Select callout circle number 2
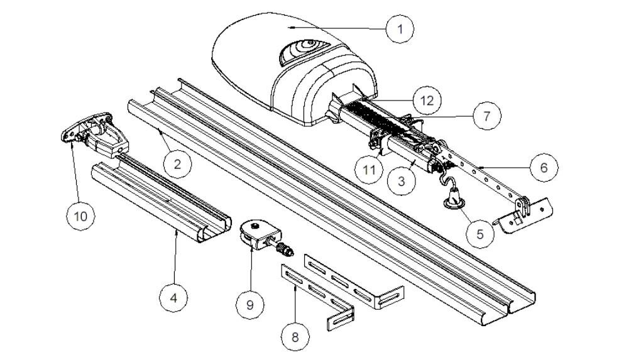(x=178, y=165)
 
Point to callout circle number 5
(x=481, y=233)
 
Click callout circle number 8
(x=294, y=337)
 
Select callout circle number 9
(x=250, y=303)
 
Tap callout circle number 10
(x=82, y=215)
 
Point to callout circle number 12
(x=427, y=99)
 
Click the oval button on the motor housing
(x=302, y=52)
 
